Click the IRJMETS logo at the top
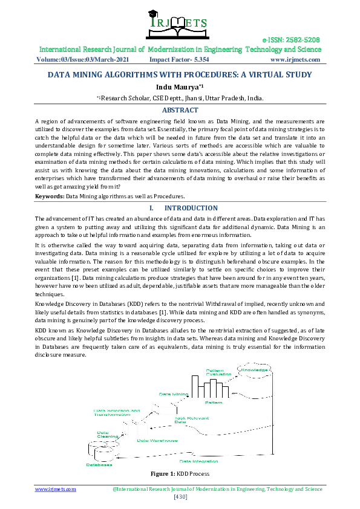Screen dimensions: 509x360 click(179, 22)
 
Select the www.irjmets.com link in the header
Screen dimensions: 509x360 click(295, 60)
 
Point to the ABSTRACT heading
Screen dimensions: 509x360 click(180, 110)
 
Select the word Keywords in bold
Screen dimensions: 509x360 click(50, 196)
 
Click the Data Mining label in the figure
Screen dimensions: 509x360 click(174, 394)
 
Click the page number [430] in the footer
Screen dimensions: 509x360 click(180, 497)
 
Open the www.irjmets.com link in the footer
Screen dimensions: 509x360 click(56, 489)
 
